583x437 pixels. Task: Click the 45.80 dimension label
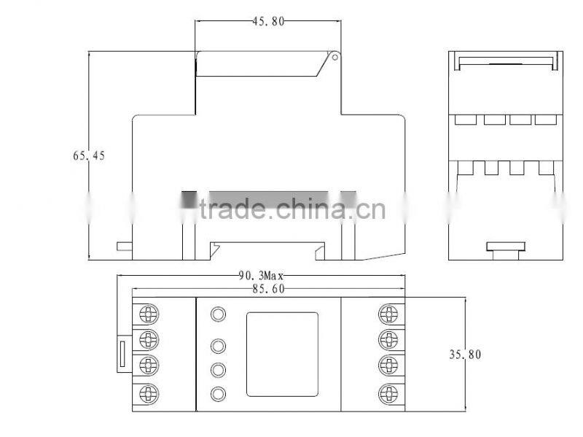(x=268, y=22)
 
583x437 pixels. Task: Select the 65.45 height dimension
(x=89, y=155)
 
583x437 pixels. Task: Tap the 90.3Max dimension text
(x=261, y=276)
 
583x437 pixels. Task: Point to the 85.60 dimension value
(x=267, y=289)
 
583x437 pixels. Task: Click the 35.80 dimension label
(x=465, y=355)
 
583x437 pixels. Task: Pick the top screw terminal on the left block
(x=148, y=314)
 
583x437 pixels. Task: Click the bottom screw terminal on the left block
(x=148, y=392)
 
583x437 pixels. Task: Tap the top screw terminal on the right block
(x=389, y=314)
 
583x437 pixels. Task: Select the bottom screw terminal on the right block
(x=389, y=392)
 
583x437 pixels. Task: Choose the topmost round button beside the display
(x=218, y=314)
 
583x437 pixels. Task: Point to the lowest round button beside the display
(x=218, y=394)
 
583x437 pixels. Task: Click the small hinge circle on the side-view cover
(x=334, y=55)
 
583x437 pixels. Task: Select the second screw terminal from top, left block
(x=148, y=339)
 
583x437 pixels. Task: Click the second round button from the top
(x=218, y=346)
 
